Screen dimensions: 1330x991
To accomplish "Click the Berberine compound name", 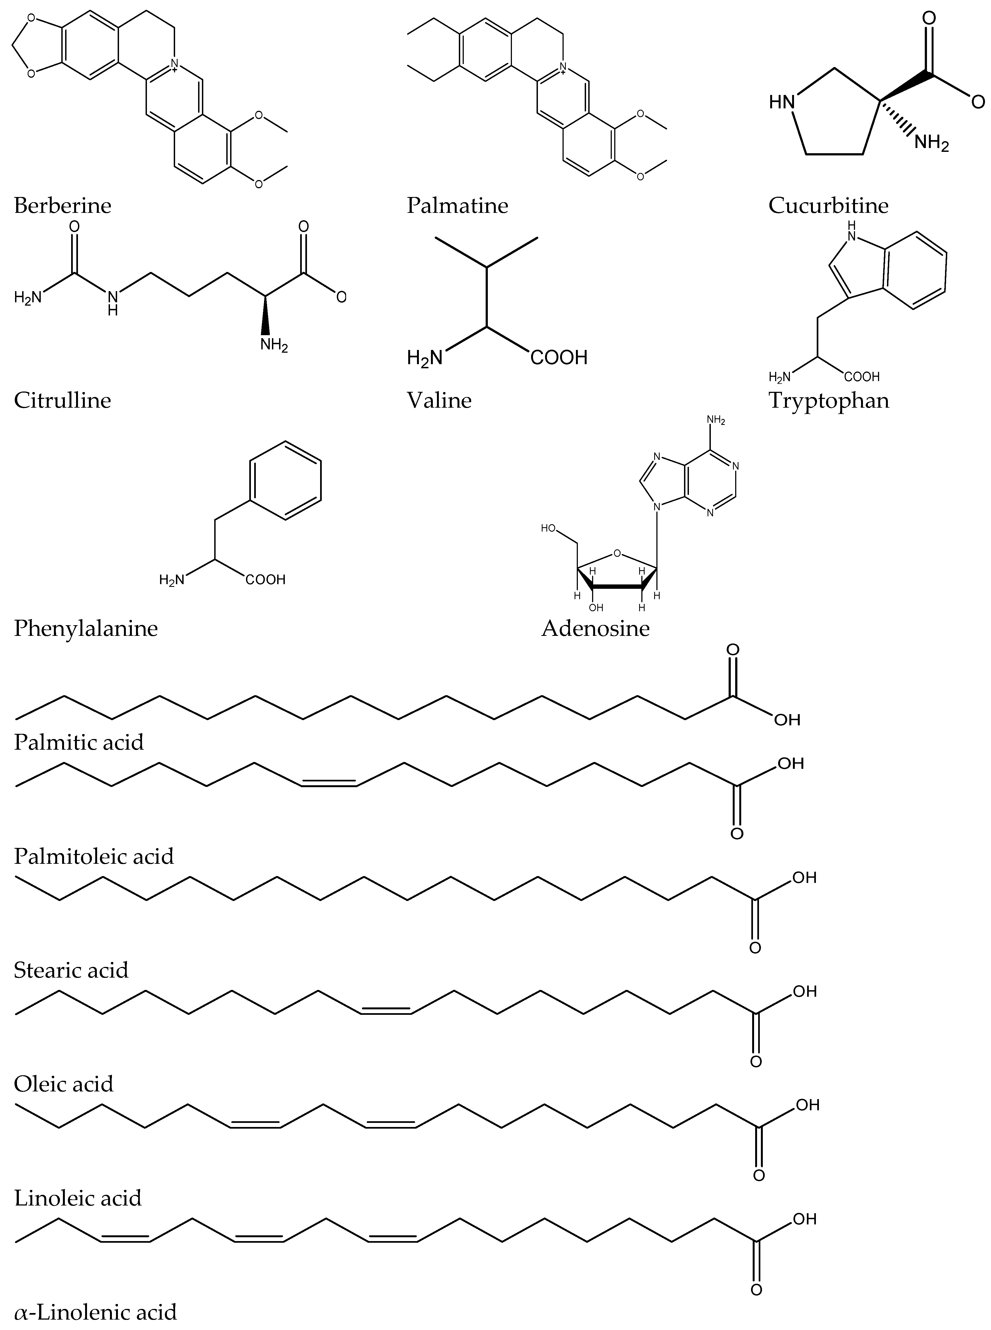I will coord(62,206).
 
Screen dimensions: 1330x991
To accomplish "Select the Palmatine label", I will coord(457,206).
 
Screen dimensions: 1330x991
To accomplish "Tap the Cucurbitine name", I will coord(828,206).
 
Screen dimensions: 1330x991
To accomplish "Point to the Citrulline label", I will coord(62,400).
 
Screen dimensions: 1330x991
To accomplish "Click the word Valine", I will coord(439,400).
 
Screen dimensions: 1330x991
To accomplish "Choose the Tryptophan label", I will coord(828,400).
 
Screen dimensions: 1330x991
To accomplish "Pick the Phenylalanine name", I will coord(86,628).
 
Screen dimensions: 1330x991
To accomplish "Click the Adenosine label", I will coord(595,628).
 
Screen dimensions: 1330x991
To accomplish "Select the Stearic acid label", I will coord(71,970).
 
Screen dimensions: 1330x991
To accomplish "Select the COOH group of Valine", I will coord(558,358).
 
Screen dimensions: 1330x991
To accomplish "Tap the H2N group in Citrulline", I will coord(28,297).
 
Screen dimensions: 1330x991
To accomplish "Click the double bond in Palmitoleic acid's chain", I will coord(329,782).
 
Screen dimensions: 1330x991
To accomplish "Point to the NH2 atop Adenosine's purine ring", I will coord(716,421).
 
